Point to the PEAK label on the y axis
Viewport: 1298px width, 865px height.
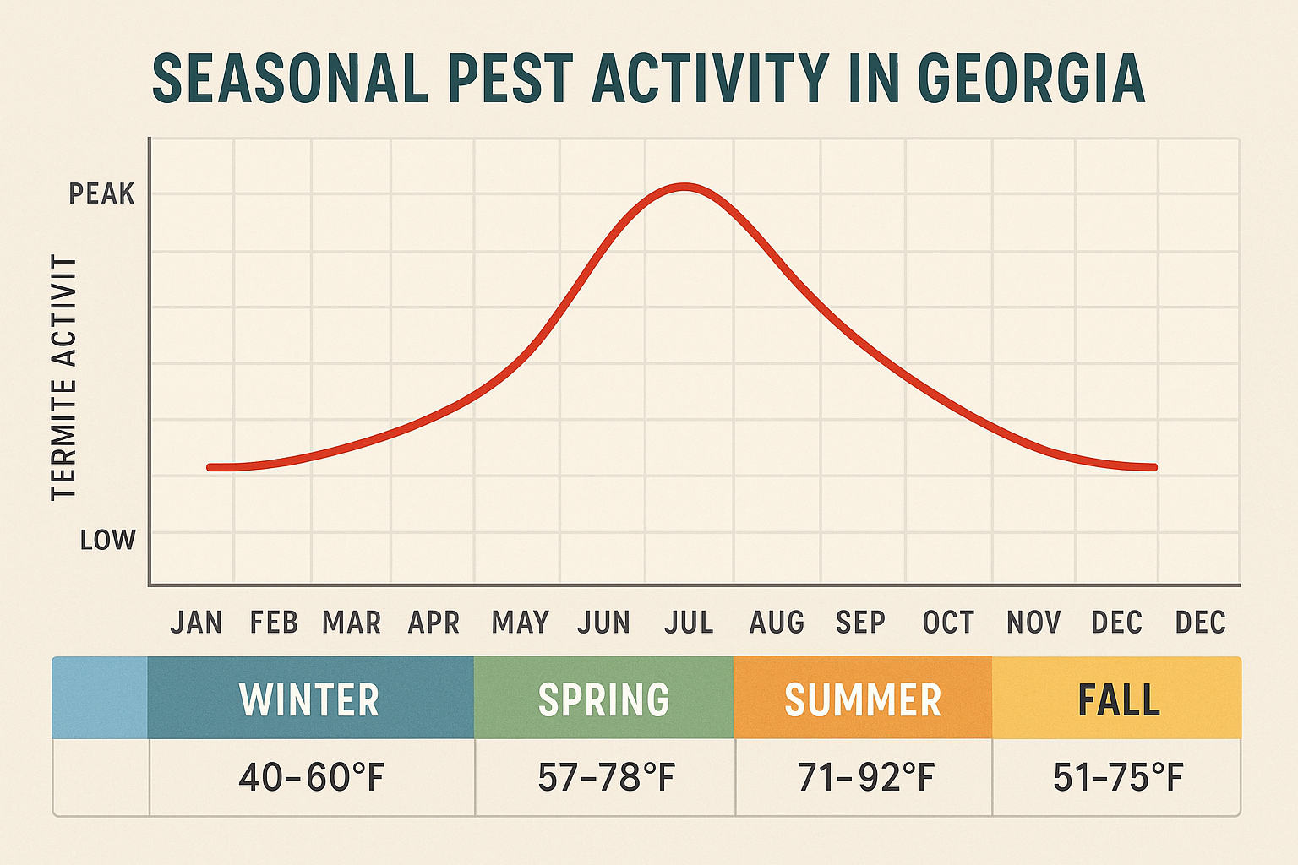point(101,194)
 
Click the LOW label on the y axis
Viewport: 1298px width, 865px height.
point(107,540)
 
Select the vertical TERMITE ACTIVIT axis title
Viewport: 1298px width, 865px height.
point(64,378)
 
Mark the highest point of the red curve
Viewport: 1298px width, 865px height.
point(685,187)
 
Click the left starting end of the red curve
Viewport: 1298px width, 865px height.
point(210,467)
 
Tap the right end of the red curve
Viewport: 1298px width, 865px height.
point(1154,467)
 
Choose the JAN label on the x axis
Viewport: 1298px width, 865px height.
point(196,623)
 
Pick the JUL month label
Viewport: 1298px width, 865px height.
point(689,623)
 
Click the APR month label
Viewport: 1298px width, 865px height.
point(434,623)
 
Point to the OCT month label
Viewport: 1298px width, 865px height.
point(948,623)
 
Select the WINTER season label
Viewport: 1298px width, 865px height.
point(309,699)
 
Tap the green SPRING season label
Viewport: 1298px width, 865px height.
point(603,699)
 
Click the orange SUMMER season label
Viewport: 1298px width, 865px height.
point(863,699)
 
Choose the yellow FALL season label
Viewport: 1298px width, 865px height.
point(1118,699)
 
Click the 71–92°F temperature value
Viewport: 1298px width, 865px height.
point(866,777)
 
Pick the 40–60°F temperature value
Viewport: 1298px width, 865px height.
point(311,777)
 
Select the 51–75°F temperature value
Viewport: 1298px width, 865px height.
point(1118,777)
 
